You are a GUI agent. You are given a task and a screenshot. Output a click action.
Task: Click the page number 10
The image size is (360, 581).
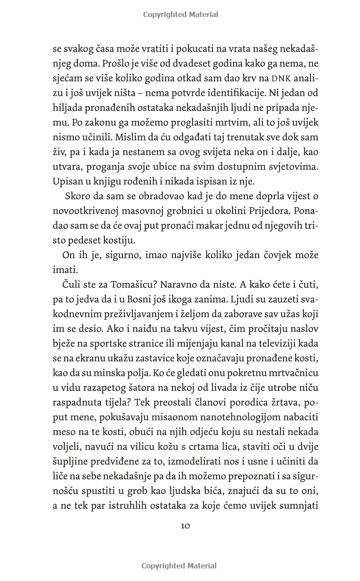[185, 526]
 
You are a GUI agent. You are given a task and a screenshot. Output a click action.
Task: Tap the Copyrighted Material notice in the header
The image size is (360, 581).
[180, 14]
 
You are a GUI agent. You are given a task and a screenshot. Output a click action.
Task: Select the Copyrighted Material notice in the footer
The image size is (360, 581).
[179, 566]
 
